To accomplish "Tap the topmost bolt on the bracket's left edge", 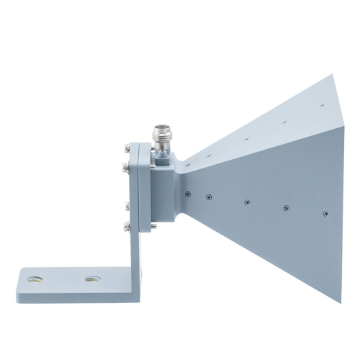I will click(x=126, y=149).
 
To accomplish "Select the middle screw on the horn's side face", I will click(x=246, y=202).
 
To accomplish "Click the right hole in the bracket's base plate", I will click(x=91, y=278).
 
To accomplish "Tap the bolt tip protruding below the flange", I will click(x=153, y=232).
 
